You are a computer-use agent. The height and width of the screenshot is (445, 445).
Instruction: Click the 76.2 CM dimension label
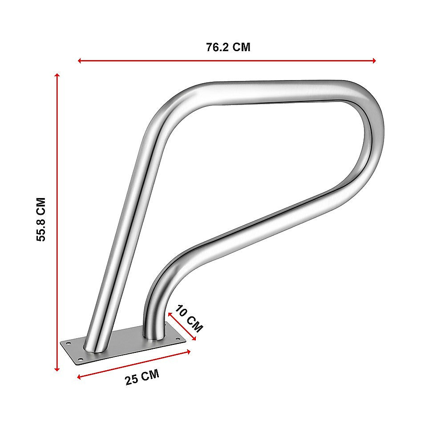pos(228,48)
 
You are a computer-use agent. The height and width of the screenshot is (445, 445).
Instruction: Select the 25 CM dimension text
pos(142,378)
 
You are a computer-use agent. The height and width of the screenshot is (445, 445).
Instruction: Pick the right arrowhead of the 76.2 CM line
pos(374,61)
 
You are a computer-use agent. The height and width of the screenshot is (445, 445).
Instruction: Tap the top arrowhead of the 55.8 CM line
pos(57,76)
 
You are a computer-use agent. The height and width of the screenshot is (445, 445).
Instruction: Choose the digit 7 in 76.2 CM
pos(209,48)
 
